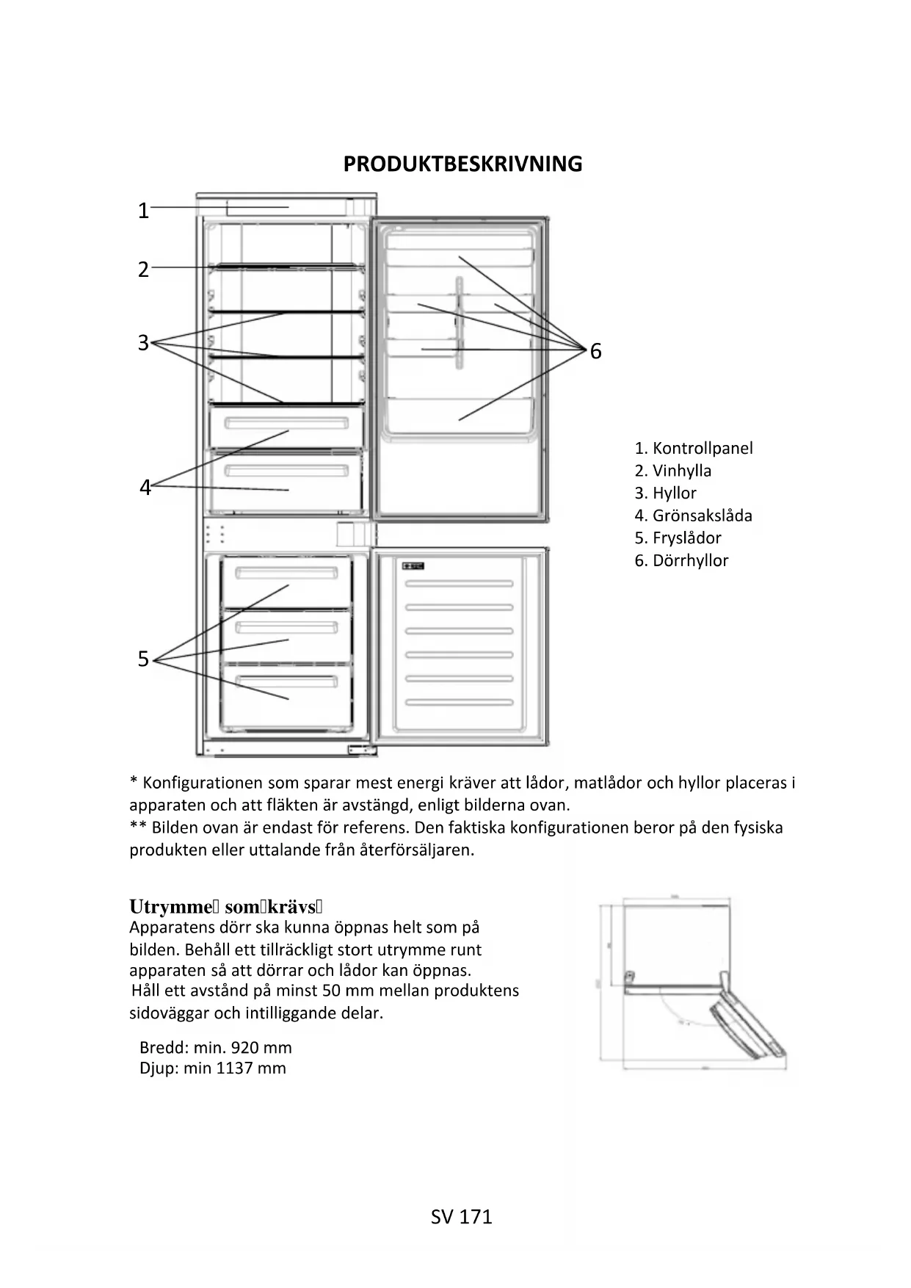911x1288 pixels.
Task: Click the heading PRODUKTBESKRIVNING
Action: click(462, 164)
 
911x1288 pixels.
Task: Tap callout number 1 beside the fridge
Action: click(144, 211)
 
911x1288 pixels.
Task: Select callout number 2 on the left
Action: click(144, 269)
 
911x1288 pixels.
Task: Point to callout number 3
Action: click(144, 343)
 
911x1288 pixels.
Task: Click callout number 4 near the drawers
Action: click(145, 488)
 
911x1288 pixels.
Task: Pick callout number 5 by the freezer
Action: click(144, 659)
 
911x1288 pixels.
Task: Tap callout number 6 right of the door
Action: click(595, 352)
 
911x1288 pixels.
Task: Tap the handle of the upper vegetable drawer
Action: click(286, 424)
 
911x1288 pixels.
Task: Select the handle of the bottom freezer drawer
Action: click(286, 681)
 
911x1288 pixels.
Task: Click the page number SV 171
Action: click(462, 1218)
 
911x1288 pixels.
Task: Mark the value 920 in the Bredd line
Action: click(244, 1048)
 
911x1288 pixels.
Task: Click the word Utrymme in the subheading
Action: click(170, 907)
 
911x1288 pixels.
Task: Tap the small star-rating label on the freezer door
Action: click(413, 565)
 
